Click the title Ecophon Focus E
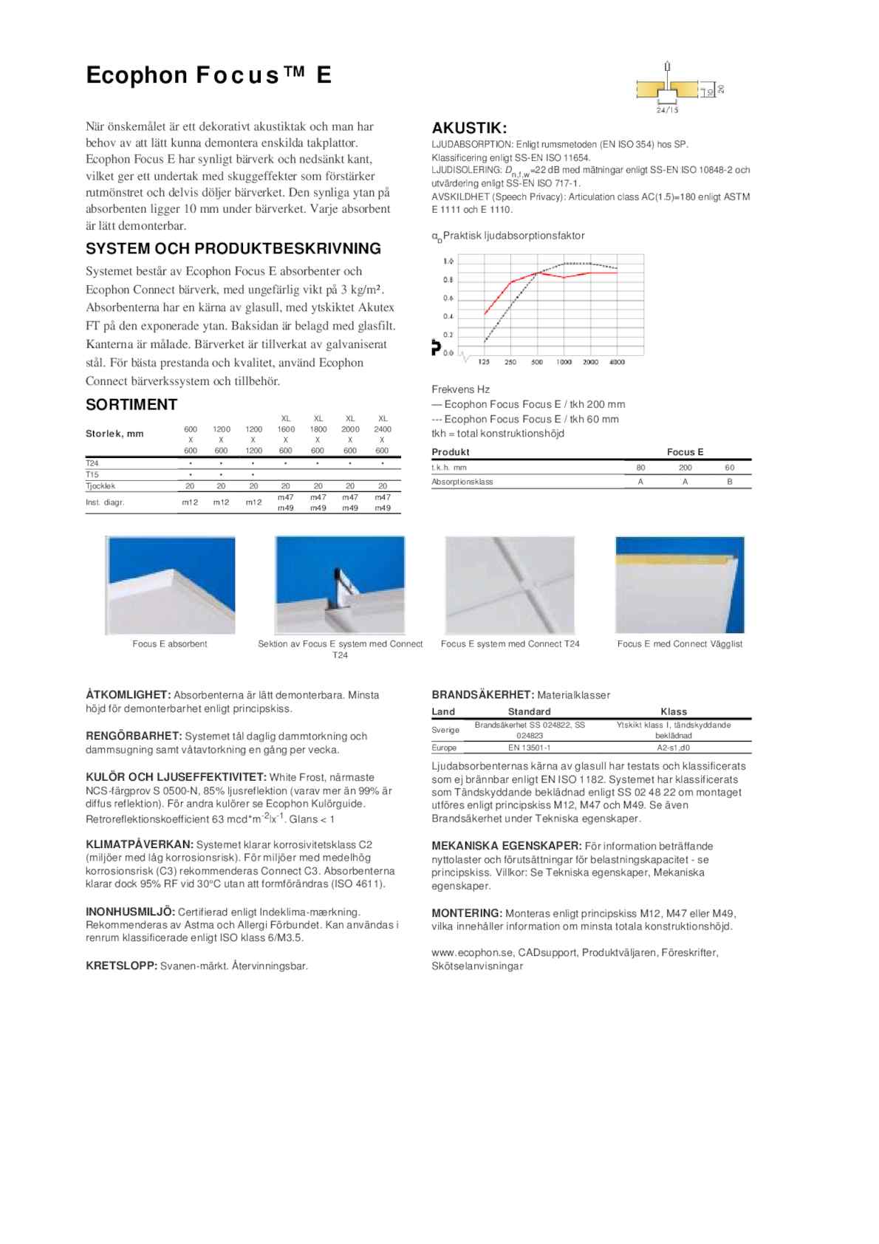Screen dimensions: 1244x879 pyautogui.click(x=209, y=75)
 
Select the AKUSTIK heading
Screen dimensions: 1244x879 pyautogui.click(x=469, y=128)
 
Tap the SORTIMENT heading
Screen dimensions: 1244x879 pyautogui.click(x=131, y=404)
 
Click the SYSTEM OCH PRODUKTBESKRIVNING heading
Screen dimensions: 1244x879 pyautogui.click(x=233, y=248)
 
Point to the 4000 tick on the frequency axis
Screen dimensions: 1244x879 pyautogui.click(x=617, y=362)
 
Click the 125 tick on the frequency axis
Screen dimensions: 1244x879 pyautogui.click(x=484, y=362)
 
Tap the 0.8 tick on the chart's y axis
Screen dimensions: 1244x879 pyautogui.click(x=448, y=280)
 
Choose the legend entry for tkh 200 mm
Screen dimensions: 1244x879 pyautogui.click(x=528, y=404)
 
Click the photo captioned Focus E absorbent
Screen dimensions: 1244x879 pyautogui.click(x=171, y=585)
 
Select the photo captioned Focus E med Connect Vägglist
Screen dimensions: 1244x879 pyautogui.click(x=680, y=585)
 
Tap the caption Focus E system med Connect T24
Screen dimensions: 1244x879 pyautogui.click(x=510, y=643)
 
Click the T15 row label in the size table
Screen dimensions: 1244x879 pyautogui.click(x=92, y=474)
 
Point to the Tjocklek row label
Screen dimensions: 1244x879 pyautogui.click(x=100, y=486)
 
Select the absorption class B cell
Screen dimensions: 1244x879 pyautogui.click(x=729, y=482)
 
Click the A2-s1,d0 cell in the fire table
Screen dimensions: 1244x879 pyautogui.click(x=673, y=748)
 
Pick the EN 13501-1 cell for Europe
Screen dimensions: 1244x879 pyautogui.click(x=529, y=748)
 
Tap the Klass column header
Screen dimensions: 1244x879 pyautogui.click(x=673, y=711)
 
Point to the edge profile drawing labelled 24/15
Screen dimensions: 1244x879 pyautogui.click(x=668, y=90)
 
